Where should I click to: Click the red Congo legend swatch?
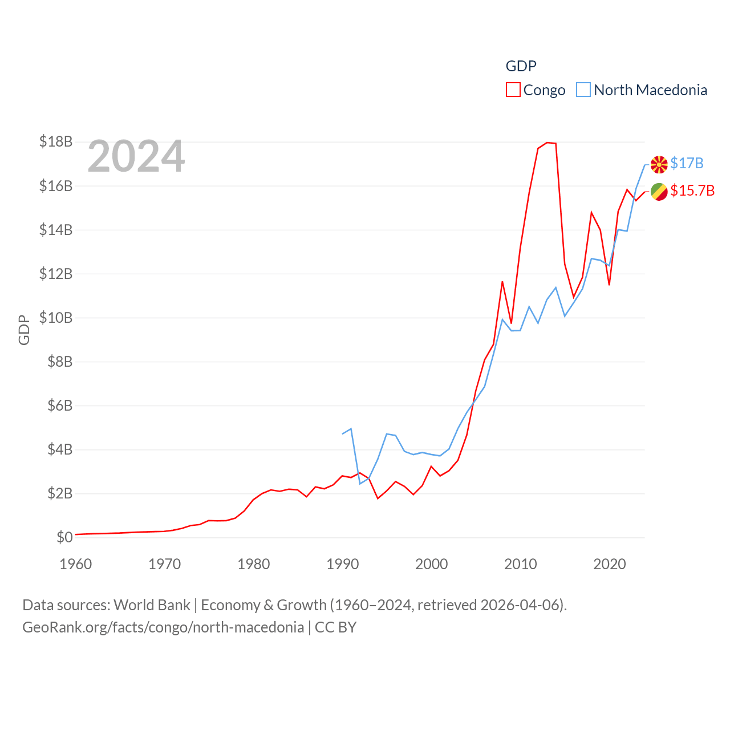(x=513, y=90)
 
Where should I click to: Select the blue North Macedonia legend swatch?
(x=583, y=90)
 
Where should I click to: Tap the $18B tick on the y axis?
(x=56, y=141)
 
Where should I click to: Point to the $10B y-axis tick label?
(x=56, y=318)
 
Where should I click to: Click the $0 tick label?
(x=64, y=537)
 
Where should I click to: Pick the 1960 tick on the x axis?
(x=75, y=564)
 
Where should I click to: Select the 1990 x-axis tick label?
(x=342, y=564)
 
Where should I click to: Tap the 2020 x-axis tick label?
(x=609, y=564)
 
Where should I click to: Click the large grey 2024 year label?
(x=136, y=156)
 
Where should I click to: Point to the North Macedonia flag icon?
(x=659, y=164)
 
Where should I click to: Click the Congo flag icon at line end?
(x=659, y=192)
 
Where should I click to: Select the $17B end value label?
(x=687, y=164)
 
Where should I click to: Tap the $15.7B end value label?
(x=692, y=190)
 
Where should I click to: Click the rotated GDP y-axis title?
(x=24, y=330)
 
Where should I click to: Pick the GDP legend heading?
(x=521, y=66)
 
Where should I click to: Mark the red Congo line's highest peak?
(x=547, y=143)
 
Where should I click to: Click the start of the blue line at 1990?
(x=342, y=434)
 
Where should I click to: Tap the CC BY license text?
(x=335, y=627)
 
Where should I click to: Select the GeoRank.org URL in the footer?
(x=163, y=627)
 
